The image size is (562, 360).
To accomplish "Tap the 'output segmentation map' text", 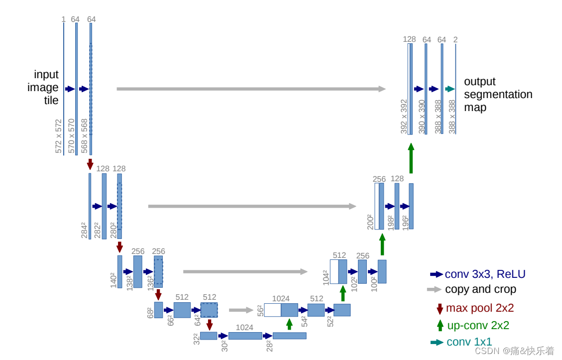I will click(x=498, y=94).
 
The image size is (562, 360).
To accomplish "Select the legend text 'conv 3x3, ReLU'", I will click(x=485, y=274).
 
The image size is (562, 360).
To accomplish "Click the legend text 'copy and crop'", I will click(x=480, y=289).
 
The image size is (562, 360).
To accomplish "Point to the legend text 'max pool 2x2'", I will click(x=480, y=308).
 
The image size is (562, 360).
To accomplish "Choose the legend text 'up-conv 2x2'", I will click(x=478, y=326).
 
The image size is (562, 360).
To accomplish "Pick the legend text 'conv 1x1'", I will click(x=469, y=342).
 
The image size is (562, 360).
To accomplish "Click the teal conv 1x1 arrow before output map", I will click(x=450, y=89).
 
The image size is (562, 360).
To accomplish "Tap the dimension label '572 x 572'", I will click(x=59, y=136).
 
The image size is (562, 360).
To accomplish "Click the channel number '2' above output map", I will click(x=455, y=39).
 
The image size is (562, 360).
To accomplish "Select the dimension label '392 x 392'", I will click(x=404, y=117).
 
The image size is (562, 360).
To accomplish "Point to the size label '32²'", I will click(x=196, y=339).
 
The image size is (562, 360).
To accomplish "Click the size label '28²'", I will click(x=269, y=346).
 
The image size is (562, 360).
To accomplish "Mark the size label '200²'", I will click(x=370, y=222).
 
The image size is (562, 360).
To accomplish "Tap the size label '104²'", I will click(x=326, y=277).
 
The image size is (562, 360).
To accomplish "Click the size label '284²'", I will click(x=84, y=231).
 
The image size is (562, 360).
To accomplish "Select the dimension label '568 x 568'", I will click(x=85, y=136).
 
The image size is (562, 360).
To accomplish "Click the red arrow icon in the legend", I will click(x=440, y=309).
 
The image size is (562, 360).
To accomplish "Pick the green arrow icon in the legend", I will click(x=440, y=326).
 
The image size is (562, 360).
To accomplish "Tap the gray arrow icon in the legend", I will click(x=434, y=289).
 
